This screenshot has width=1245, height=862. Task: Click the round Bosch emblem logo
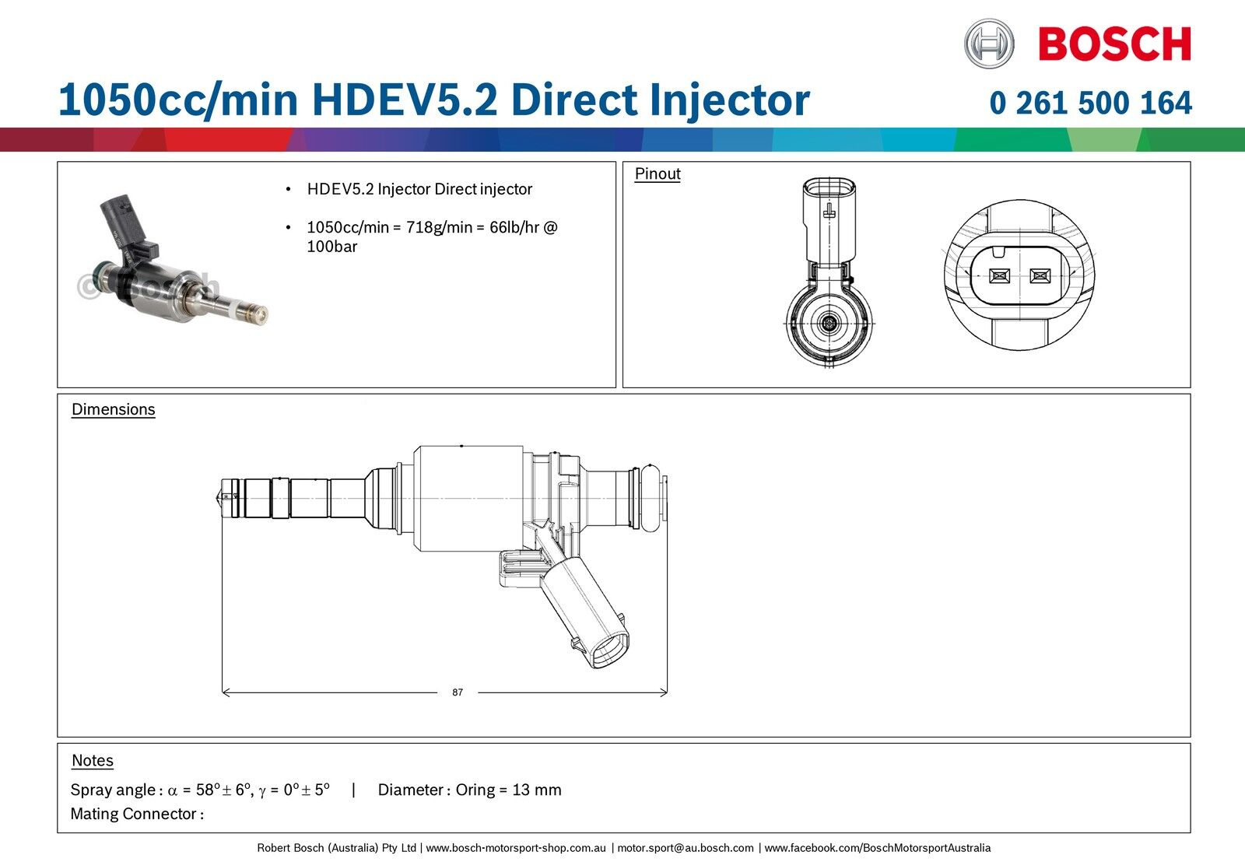click(x=989, y=44)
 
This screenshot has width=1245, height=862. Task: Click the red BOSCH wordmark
click(x=1115, y=44)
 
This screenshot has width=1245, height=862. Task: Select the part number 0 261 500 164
click(x=1090, y=103)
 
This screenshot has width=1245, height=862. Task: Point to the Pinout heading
click(x=658, y=174)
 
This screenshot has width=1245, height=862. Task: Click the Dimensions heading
click(x=114, y=409)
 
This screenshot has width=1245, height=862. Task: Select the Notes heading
click(x=93, y=760)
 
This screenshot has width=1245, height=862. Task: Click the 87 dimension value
click(x=458, y=692)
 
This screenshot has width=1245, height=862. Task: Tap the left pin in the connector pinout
click(x=999, y=275)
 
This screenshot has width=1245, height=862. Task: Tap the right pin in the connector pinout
click(x=1040, y=275)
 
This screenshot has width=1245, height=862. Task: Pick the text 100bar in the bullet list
click(x=331, y=247)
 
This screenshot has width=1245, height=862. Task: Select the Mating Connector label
click(x=137, y=814)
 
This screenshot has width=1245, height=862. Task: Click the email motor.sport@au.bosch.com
click(x=686, y=847)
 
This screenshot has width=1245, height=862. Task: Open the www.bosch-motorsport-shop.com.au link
click(x=516, y=847)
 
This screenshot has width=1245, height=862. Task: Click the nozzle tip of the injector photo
click(x=261, y=314)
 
